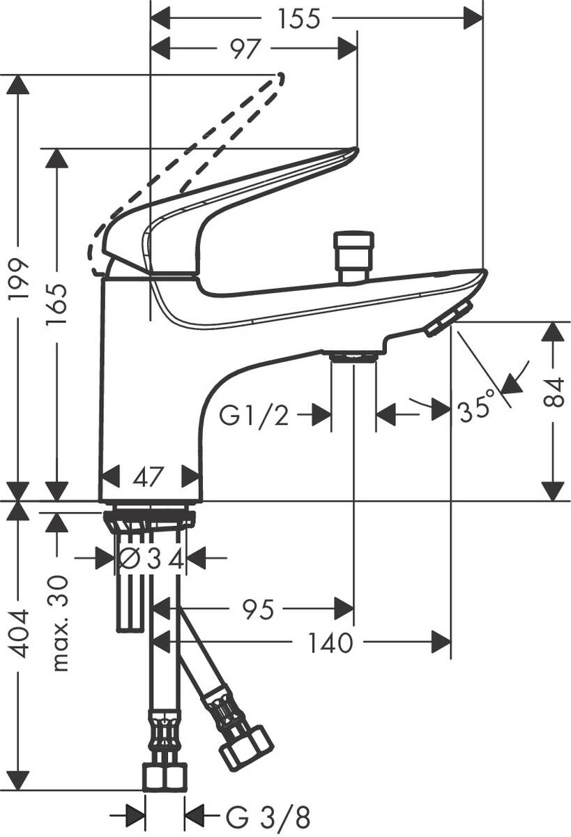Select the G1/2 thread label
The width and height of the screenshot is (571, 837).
pyautogui.click(x=254, y=416)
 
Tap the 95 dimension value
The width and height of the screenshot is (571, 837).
pyautogui.click(x=257, y=609)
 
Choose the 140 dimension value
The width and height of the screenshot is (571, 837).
pyautogui.click(x=331, y=642)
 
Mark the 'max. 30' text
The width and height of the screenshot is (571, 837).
pyautogui.click(x=61, y=623)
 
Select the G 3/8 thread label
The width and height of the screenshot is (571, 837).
pyautogui.click(x=268, y=814)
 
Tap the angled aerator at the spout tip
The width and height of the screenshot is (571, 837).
pyautogui.click(x=449, y=319)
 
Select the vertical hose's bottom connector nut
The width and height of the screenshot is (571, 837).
pyautogui.click(x=165, y=776)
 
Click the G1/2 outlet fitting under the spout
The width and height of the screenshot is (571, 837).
pyautogui.click(x=353, y=357)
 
